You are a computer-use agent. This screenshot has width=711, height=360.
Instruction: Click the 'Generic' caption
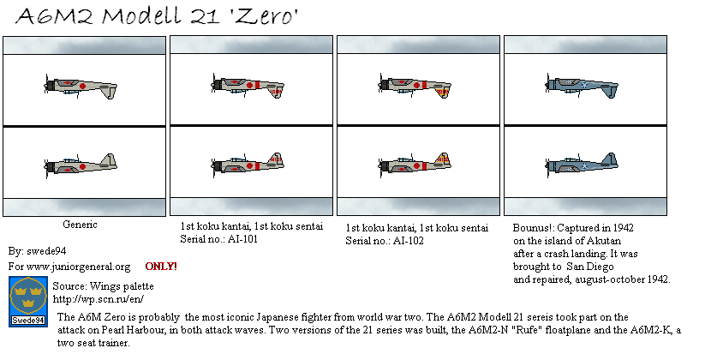81,224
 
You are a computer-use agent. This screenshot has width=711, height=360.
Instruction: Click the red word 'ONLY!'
161,267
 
